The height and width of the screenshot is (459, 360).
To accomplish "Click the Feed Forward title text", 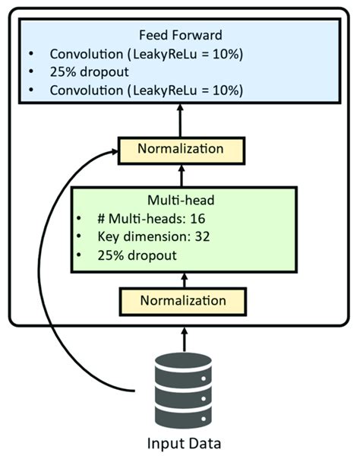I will pos(180,35).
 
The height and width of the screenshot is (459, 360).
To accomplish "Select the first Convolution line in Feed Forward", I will pos(146,55).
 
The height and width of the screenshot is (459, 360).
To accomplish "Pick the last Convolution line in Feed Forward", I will pos(146,90).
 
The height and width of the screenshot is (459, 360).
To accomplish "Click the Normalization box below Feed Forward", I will pos(181,148).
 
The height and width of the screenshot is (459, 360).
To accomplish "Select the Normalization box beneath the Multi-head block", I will pos(181,301).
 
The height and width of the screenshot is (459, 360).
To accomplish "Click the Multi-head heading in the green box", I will pos(181,201).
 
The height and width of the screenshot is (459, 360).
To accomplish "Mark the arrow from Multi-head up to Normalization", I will pos(181,173).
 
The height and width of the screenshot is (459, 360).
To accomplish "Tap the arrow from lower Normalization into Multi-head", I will pos(181,279).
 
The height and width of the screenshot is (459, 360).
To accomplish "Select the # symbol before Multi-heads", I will pos(101,219).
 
